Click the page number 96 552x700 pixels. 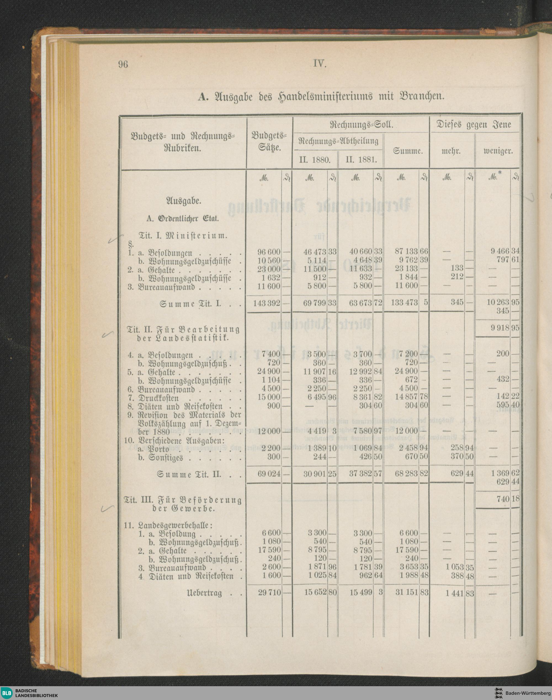pyautogui.click(x=123, y=65)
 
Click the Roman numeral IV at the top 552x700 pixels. pyautogui.click(x=320, y=64)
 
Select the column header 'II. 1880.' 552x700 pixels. pyautogui.click(x=314, y=160)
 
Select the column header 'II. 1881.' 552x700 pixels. pyautogui.click(x=361, y=160)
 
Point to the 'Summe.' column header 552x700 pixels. pyautogui.click(x=408, y=151)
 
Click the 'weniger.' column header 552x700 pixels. pyautogui.click(x=498, y=151)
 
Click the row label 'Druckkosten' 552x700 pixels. pyautogui.click(x=159, y=398)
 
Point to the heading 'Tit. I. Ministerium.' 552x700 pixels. pyautogui.click(x=183, y=235)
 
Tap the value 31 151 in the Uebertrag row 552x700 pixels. pyautogui.click(x=407, y=593)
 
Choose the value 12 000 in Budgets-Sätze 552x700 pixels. pyautogui.click(x=269, y=431)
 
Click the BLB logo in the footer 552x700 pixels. pyautogui.click(x=7, y=693)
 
